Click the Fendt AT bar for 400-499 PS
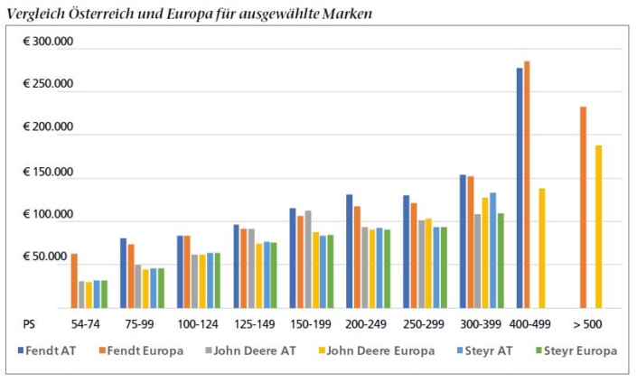[x=520, y=188]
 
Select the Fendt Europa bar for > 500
[x=584, y=208]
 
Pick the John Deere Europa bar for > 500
[x=598, y=227]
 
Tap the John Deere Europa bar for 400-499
[x=542, y=248]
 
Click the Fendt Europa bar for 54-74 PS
[x=74, y=281]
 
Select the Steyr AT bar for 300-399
[x=492, y=250]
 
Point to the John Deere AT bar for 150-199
[x=308, y=259]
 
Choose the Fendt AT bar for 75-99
[x=123, y=274]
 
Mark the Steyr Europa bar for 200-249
[x=387, y=269]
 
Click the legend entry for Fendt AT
[x=47, y=350]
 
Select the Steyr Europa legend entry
[x=576, y=350]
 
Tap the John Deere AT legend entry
[x=251, y=350]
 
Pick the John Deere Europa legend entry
[x=377, y=350]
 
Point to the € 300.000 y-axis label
[x=48, y=42]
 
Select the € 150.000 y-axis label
[x=48, y=173]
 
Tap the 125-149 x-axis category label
[x=255, y=324]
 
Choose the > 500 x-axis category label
[x=587, y=324]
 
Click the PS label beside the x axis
[x=29, y=324]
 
